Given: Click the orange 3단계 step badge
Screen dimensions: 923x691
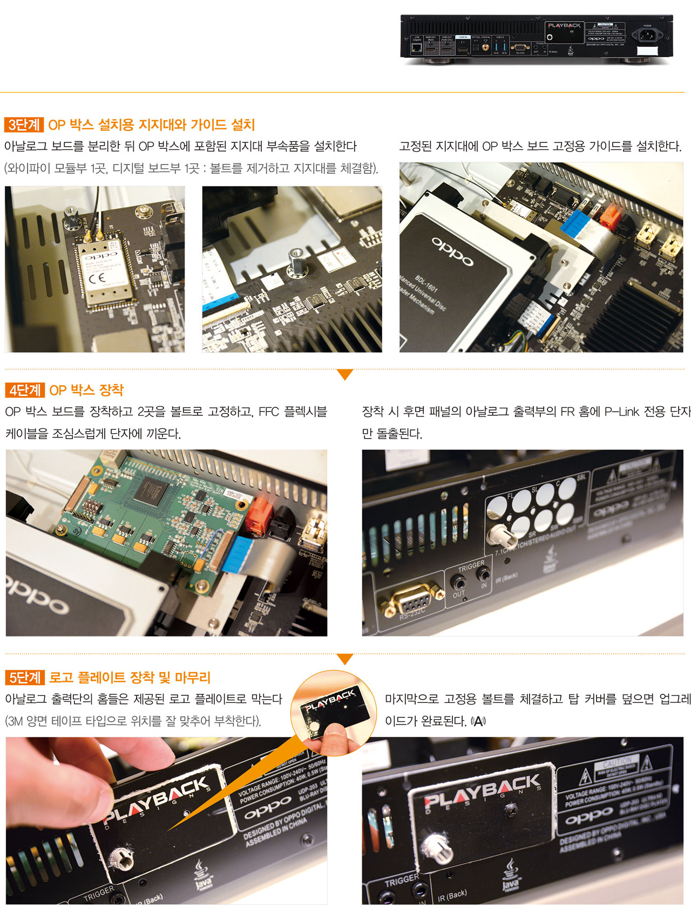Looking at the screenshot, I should point(24,125).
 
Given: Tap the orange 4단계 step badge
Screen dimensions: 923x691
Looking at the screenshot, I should point(25,390).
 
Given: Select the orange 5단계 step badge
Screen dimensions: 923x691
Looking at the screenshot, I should point(25,678).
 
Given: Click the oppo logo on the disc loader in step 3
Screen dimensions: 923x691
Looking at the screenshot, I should point(452,251).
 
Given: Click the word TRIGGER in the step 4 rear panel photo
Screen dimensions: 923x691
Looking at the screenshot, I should point(471,565).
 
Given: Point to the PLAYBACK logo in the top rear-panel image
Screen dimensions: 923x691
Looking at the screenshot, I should point(564,25).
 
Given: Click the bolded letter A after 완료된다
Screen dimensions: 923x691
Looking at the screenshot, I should point(478,721).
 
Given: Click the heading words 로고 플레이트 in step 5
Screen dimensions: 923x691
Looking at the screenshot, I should point(87,678).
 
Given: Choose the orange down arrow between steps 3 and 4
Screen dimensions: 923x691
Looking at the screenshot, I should point(344,374).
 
